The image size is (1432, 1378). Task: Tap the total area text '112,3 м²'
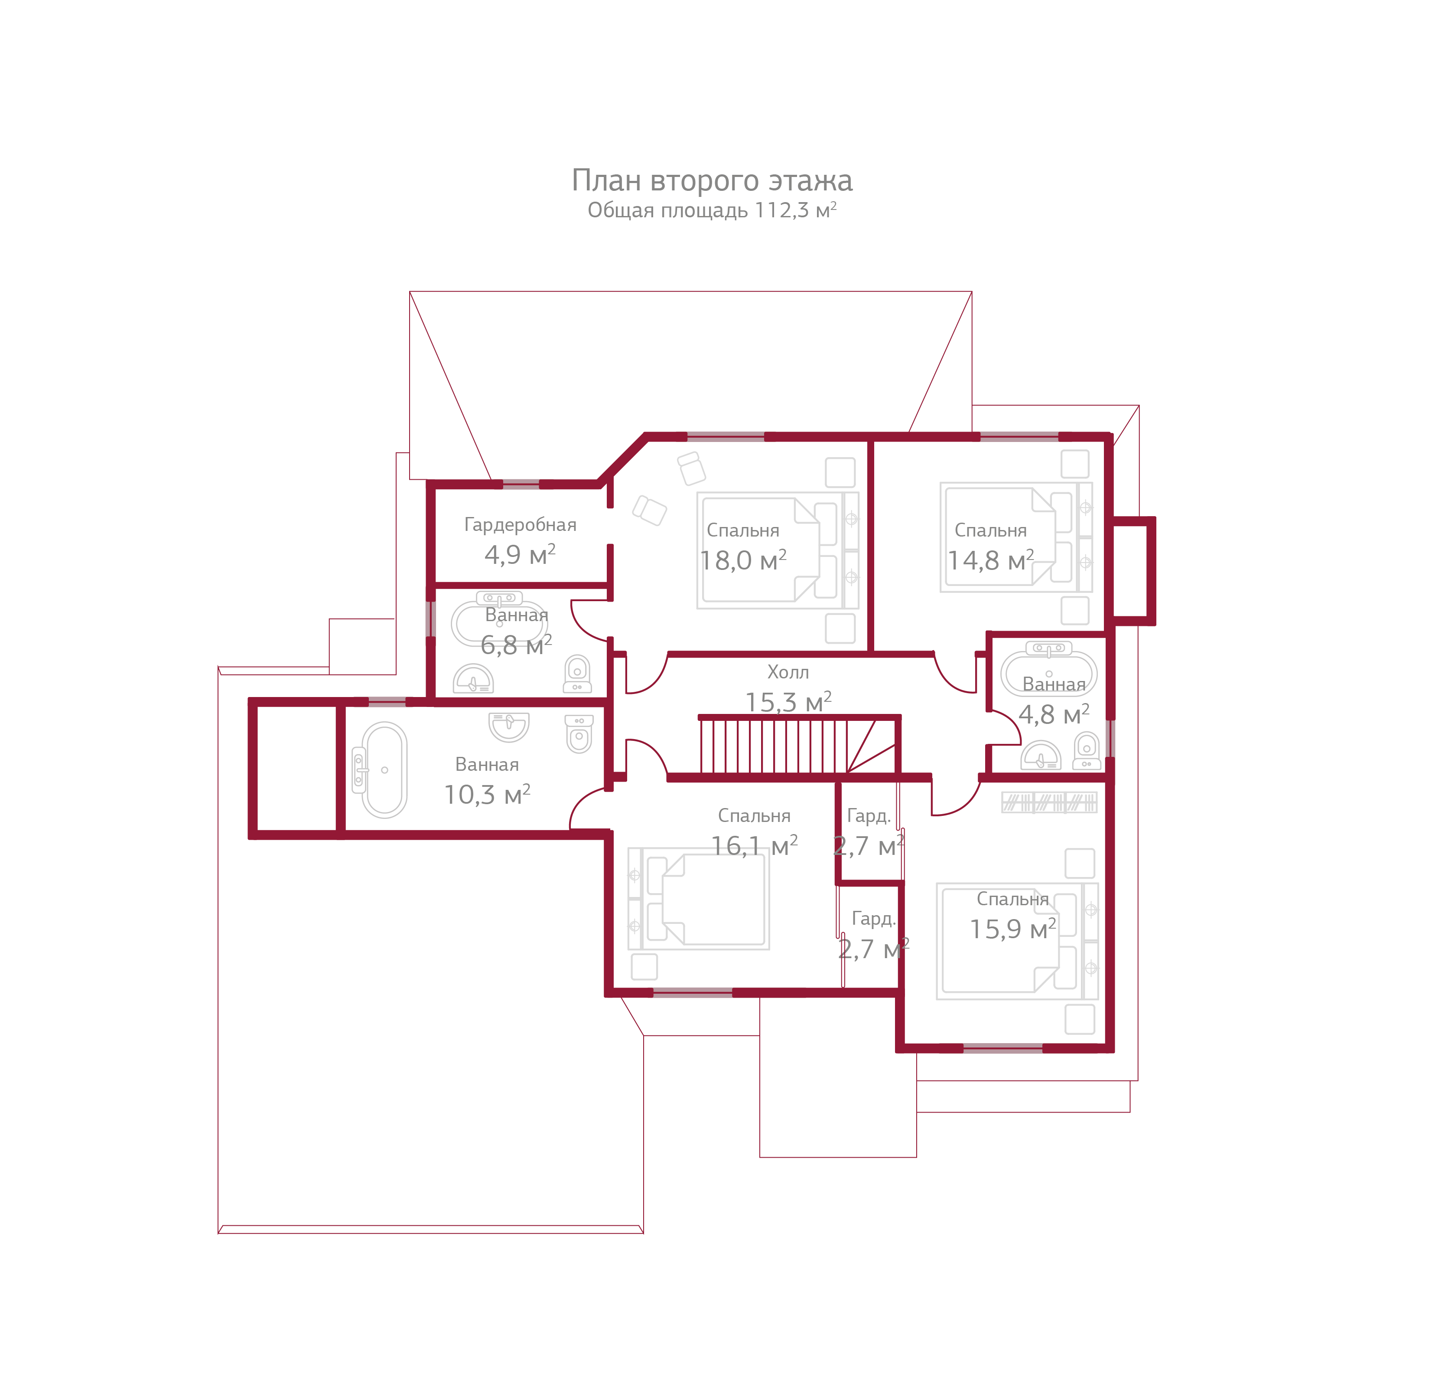click(795, 210)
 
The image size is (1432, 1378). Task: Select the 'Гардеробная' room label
click(520, 525)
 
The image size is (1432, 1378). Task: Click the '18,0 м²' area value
click(743, 561)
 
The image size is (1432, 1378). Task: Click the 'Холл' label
click(788, 672)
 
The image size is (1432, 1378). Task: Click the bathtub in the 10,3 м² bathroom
click(384, 770)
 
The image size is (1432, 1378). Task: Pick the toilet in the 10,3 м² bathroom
click(579, 734)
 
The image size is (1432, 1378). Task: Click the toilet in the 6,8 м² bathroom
click(576, 673)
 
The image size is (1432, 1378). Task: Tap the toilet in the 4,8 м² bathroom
click(1087, 751)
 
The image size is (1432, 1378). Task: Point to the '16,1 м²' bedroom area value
click(754, 846)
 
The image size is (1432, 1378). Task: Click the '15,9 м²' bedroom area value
click(1012, 929)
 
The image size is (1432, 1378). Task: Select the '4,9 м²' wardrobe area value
click(520, 555)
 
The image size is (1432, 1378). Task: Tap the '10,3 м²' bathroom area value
click(487, 795)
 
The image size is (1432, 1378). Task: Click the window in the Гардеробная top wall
click(520, 484)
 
